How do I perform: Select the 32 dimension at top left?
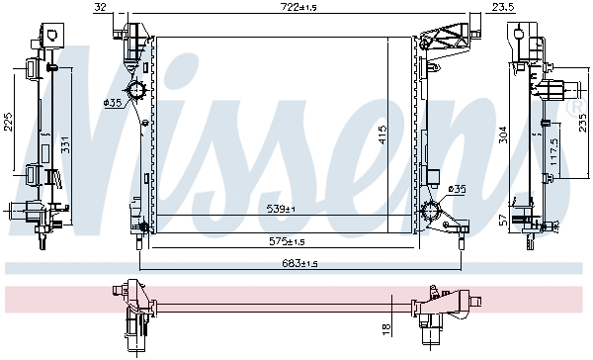(100, 7)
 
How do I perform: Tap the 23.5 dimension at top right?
(504, 7)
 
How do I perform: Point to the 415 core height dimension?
(382, 135)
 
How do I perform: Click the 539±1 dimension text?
(281, 209)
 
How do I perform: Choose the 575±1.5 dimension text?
(287, 241)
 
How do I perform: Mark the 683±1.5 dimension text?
(299, 263)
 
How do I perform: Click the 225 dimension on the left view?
(8, 122)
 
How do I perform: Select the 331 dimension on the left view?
(65, 145)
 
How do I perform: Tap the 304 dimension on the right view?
(503, 135)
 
